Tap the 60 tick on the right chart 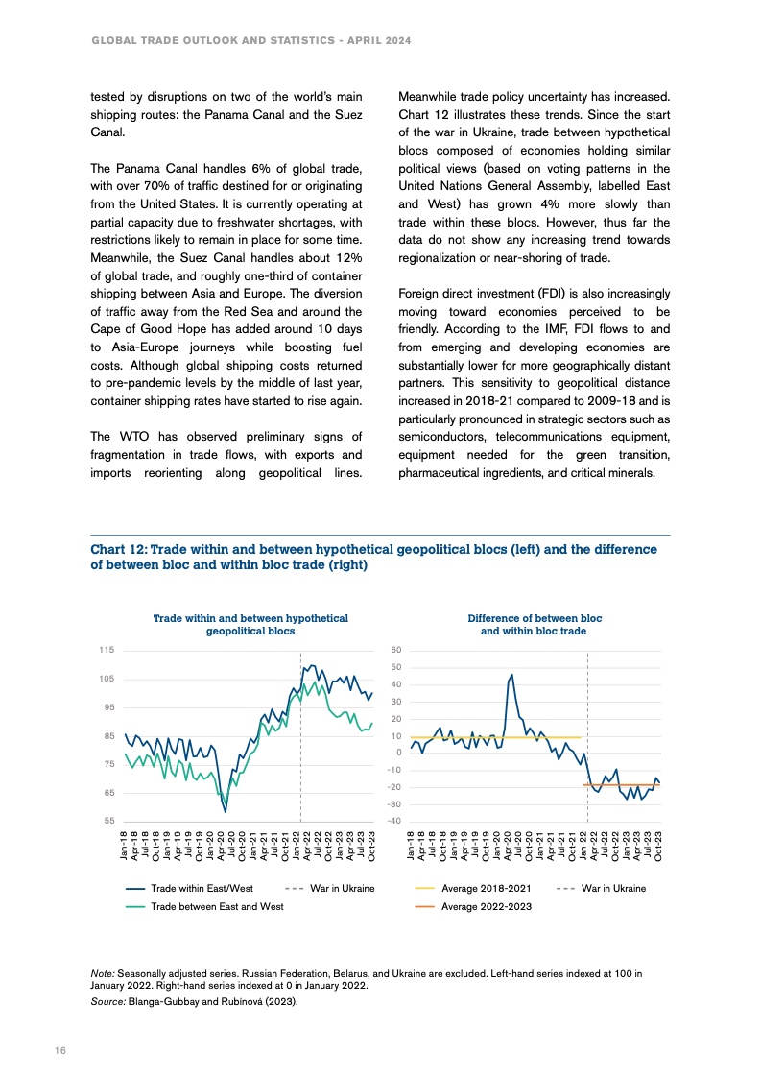coord(394,651)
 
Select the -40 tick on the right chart coord(392,822)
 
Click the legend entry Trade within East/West coord(202,888)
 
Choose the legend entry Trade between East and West coord(217,907)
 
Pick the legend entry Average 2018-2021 coord(486,888)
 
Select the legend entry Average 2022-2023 coord(486,907)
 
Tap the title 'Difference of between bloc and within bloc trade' coord(535,625)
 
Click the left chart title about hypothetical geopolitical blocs coord(250,625)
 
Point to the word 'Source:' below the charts coord(107,1002)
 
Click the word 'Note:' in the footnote coord(102,974)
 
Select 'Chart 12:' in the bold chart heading coord(119,550)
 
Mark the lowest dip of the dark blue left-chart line coord(226,812)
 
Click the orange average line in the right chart coord(624,785)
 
